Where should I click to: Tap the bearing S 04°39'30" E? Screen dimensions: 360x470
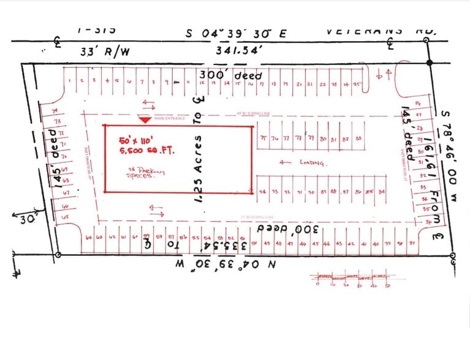(x=235, y=34)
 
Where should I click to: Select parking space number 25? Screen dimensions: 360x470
(x=357, y=84)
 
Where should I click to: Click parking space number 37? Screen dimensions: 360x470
(x=412, y=243)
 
